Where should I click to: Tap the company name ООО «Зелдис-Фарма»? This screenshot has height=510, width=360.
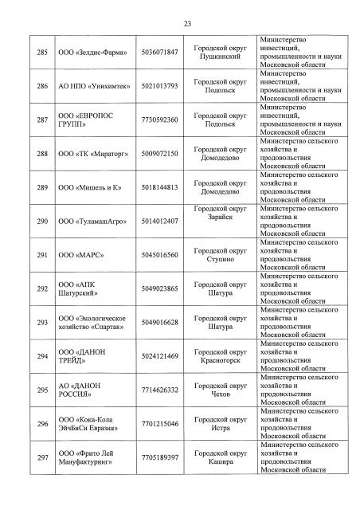[x=88, y=52]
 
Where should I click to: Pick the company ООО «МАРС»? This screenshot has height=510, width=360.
[x=78, y=255]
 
